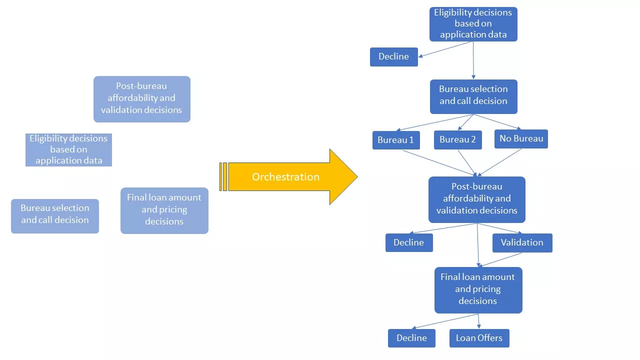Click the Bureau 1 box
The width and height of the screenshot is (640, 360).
[395, 140]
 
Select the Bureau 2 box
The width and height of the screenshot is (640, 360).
[457, 140]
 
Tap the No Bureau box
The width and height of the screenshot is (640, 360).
[521, 138]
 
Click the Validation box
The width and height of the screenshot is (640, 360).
[522, 242]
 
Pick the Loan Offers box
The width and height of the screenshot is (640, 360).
[479, 338]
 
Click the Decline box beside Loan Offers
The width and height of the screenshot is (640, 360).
[411, 338]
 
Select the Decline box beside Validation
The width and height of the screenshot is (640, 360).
[408, 242]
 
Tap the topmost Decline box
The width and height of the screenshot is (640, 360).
[393, 56]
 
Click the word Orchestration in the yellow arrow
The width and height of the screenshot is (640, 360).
[285, 177]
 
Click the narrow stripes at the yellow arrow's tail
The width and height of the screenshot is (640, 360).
[223, 176]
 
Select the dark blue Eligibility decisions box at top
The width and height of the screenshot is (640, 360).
[473, 23]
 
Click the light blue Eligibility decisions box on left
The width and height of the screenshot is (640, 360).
[68, 149]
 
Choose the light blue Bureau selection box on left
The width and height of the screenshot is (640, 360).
[55, 216]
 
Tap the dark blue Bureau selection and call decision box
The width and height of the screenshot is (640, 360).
[473, 96]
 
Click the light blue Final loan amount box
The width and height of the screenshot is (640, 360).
[164, 210]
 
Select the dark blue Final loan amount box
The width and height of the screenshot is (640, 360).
[477, 289]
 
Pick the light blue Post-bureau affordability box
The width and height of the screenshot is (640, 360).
[141, 98]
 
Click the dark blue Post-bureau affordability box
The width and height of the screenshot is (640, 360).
[476, 199]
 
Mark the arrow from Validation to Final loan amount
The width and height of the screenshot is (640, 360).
[501, 259]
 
